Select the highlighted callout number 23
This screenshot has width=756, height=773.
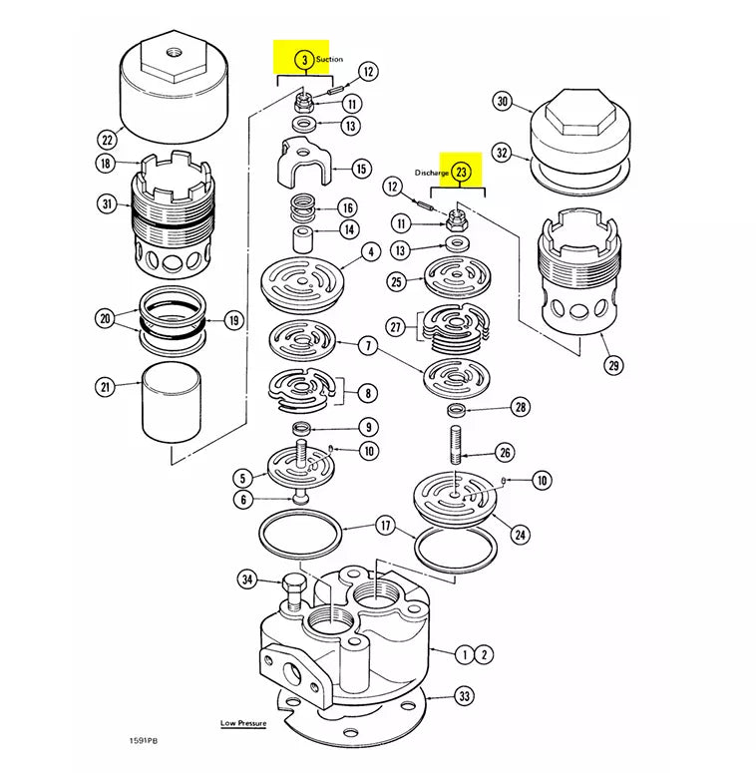462,172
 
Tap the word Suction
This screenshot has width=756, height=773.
330,60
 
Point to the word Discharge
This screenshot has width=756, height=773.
433,173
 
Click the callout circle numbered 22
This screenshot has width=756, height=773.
106,139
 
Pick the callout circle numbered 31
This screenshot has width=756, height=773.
106,204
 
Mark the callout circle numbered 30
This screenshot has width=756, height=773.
503,102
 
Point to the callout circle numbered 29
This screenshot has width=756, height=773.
613,365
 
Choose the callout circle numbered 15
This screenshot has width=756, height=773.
361,170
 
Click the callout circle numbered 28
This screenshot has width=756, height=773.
521,407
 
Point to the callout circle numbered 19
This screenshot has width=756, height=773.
232,321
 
